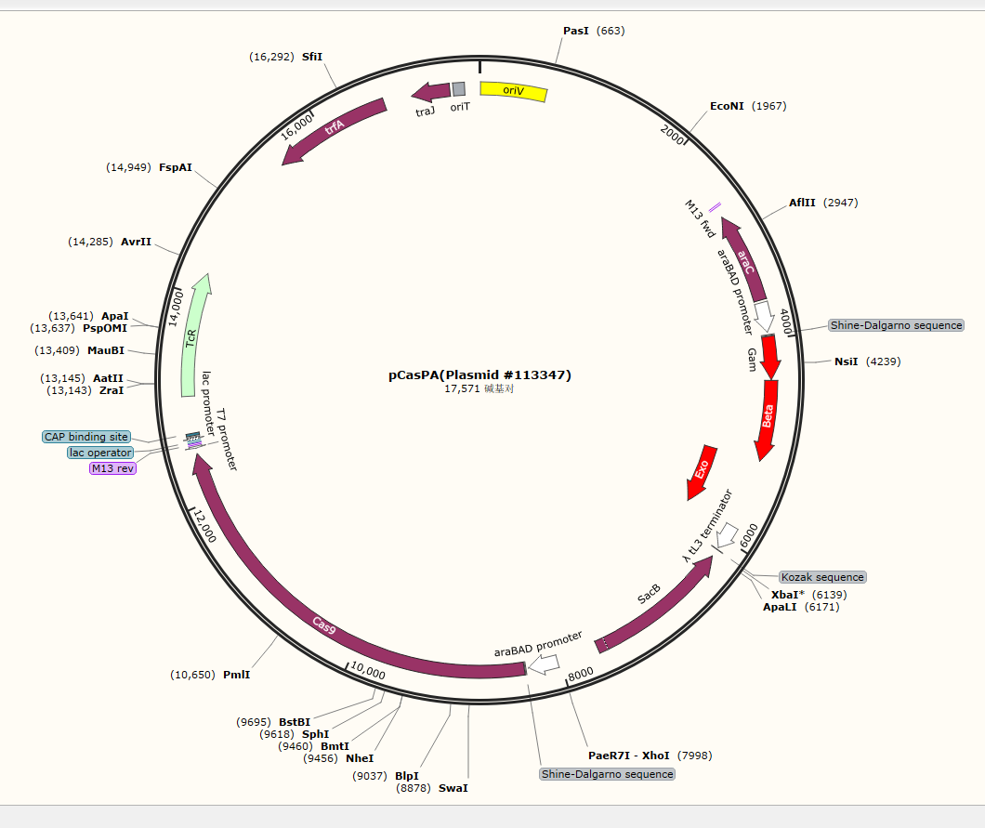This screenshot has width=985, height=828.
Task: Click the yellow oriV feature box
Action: coord(513,91)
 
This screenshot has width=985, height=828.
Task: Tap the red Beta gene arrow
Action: coord(768,418)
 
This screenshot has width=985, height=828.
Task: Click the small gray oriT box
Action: coord(458,89)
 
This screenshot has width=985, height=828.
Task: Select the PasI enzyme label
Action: coord(576,31)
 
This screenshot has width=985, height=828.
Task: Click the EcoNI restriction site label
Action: coord(727,106)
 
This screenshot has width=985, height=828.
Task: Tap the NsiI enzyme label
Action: coord(847,361)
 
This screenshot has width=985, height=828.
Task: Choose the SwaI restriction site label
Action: coord(453,788)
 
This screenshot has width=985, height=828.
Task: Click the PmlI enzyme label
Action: coord(236,675)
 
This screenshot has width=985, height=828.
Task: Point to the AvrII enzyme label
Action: coord(136,242)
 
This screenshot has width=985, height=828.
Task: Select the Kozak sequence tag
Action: coord(822,577)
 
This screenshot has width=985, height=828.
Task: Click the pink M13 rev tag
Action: coord(112,468)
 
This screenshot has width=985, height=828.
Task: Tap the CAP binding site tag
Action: coord(86,437)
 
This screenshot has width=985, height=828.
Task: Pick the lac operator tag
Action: coord(100,453)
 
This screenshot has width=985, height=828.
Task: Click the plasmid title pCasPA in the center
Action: coord(479,375)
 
